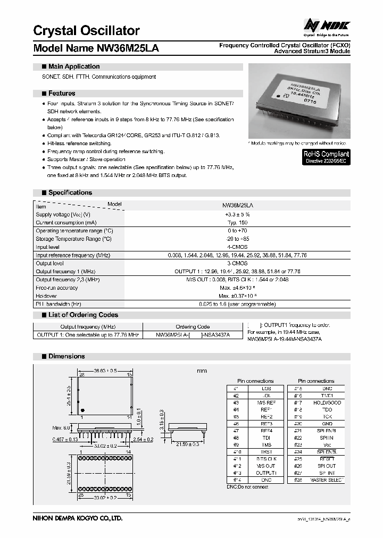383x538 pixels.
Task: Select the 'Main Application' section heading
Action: point(73,66)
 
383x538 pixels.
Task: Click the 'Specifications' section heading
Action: point(70,192)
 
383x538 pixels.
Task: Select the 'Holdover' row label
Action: point(46,296)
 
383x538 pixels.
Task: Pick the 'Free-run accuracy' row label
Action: point(56,288)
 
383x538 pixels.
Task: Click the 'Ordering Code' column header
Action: point(193,326)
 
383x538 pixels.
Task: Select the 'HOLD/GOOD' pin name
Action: point(327,402)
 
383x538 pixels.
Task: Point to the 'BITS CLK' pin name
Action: point(266,459)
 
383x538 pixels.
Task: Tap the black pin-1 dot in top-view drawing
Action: point(84,410)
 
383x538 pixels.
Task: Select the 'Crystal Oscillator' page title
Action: point(87,30)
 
